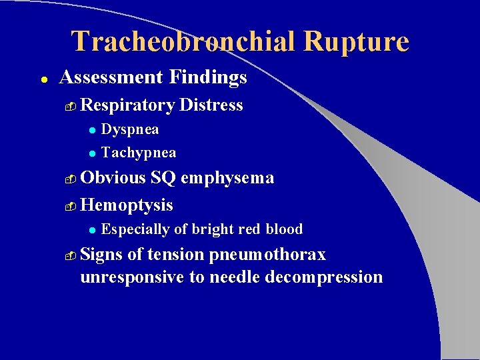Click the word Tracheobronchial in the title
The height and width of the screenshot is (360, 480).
click(183, 41)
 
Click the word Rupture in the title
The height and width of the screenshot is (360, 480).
click(355, 41)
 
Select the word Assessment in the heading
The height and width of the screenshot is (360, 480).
click(111, 78)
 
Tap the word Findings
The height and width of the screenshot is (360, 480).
click(207, 78)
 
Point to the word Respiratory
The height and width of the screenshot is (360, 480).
click(127, 105)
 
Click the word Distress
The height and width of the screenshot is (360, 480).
click(211, 105)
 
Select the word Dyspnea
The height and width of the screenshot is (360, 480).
click(130, 129)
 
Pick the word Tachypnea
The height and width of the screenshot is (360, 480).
click(139, 153)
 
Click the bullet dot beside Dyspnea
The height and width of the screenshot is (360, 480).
click(93, 130)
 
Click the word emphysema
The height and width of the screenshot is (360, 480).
click(227, 178)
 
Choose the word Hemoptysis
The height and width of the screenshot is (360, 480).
click(127, 205)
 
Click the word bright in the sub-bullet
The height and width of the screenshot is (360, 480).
click(213, 229)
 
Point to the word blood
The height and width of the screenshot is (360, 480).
click(284, 229)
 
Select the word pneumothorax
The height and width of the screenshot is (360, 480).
click(267, 255)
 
